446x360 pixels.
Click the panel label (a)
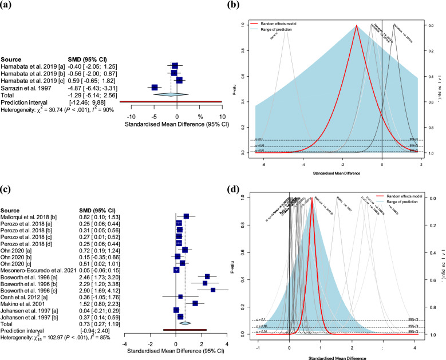[9, 6]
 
